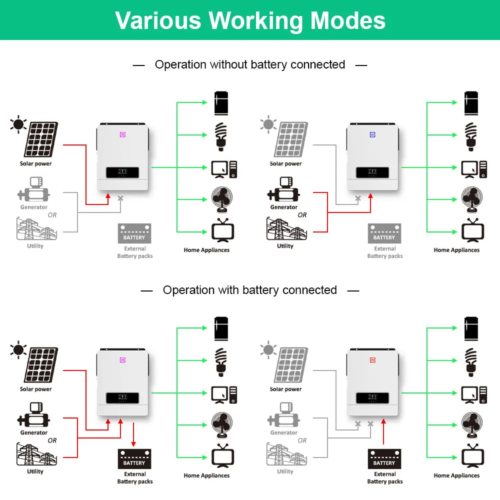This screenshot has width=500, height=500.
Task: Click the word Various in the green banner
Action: pyautogui.click(x=158, y=20)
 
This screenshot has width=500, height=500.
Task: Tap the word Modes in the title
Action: pyautogui.click(x=348, y=20)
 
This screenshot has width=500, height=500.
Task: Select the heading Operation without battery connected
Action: pyautogui.click(x=250, y=64)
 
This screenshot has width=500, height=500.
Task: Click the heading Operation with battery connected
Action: pyautogui.click(x=250, y=290)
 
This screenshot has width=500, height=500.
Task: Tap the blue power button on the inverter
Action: pyautogui.click(x=372, y=134)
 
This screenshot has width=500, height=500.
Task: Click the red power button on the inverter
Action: pyautogui.click(x=372, y=360)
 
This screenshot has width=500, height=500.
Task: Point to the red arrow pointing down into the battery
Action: pyautogui.click(x=133, y=434)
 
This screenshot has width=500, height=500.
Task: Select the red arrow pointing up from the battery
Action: pyautogui.click(x=383, y=431)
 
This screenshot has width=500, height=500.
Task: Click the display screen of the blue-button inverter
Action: pyautogui.click(x=372, y=172)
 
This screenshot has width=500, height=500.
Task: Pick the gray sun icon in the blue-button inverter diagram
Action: pyautogui.click(x=268, y=124)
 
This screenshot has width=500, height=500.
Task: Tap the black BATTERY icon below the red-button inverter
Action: pyautogui.click(x=384, y=459)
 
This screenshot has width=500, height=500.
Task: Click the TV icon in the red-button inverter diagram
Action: pyautogui.click(x=472, y=455)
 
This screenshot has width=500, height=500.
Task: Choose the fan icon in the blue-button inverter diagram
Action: pyautogui.click(x=472, y=199)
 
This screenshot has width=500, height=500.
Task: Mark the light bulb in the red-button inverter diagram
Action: pyautogui.click(x=471, y=362)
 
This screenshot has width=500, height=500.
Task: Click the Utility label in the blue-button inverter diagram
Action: pyautogui.click(x=285, y=246)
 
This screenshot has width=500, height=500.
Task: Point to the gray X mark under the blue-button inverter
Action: pyautogui.click(x=358, y=198)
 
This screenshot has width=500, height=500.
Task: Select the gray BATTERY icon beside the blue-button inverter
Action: pyautogui.click(x=384, y=233)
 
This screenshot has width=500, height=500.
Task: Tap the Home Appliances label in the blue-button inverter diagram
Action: pyautogui.click(x=456, y=250)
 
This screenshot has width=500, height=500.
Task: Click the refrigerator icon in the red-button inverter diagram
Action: pyautogui.click(x=471, y=329)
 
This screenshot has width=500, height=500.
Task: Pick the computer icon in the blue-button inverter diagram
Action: pyautogui.click(x=474, y=169)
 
